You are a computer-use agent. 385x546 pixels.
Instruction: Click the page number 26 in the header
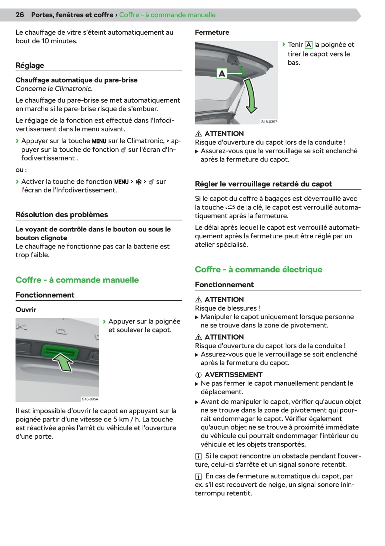pyautogui.click(x=20, y=15)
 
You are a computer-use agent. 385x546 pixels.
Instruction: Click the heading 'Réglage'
pyautogui.click(x=30, y=65)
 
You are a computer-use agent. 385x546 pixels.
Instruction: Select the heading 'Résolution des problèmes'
pyautogui.click(x=62, y=215)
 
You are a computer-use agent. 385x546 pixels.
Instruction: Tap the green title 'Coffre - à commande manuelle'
pyautogui.click(x=77, y=280)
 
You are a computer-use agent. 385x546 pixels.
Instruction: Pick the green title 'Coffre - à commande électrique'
pyautogui.click(x=259, y=269)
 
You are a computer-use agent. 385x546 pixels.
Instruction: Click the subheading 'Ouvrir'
pyautogui.click(x=26, y=310)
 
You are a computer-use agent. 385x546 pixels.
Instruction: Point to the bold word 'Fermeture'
pyautogui.click(x=212, y=32)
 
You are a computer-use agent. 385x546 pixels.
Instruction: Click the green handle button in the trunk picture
pyautogui.click(x=59, y=351)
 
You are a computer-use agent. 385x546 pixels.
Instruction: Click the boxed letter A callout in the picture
pyautogui.click(x=222, y=73)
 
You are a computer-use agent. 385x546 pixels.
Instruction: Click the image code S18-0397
pyautogui.click(x=269, y=122)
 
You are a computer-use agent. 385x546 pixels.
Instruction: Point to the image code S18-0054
pyautogui.click(x=90, y=399)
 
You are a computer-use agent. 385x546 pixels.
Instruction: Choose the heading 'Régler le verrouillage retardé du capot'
pyautogui.click(x=263, y=184)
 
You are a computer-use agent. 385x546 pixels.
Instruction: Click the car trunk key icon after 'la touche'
pyautogui.click(x=230, y=207)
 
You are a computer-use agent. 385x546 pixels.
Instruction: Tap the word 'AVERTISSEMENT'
pyautogui.click(x=233, y=375)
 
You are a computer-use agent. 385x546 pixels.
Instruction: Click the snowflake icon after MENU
pyautogui.click(x=139, y=182)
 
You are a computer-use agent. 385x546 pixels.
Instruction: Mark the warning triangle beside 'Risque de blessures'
pyautogui.click(x=198, y=300)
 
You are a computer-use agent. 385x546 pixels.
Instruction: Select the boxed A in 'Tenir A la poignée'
pyautogui.click(x=308, y=45)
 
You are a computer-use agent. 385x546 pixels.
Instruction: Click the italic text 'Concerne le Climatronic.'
pyautogui.click(x=54, y=88)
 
